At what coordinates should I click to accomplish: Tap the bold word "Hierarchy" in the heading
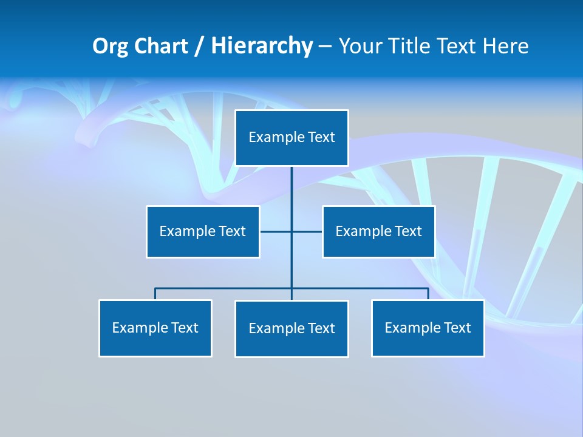[x=262, y=46]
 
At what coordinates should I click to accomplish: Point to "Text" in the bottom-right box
[x=457, y=328]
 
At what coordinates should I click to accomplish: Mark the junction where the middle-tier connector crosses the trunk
[x=291, y=231]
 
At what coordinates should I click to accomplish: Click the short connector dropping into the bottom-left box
[x=155, y=294]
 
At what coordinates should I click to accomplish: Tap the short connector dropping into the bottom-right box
[x=428, y=294]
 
